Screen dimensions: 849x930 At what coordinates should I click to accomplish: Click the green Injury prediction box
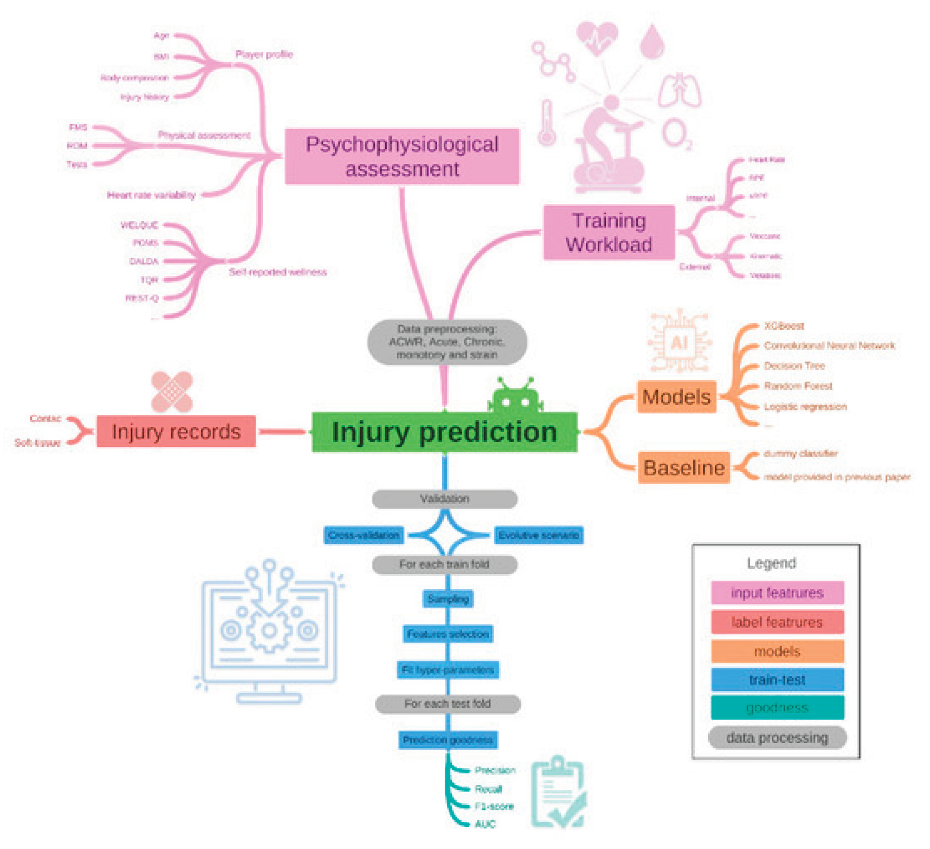click(444, 432)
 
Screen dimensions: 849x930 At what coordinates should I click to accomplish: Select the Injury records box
click(176, 431)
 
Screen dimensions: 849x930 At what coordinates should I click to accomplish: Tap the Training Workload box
click(609, 232)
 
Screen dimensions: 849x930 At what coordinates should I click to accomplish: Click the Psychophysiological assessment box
click(402, 156)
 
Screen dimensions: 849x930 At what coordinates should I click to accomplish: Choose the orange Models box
click(676, 397)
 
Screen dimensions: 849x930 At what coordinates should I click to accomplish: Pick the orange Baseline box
click(684, 467)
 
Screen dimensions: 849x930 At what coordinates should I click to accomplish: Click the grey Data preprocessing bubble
click(447, 342)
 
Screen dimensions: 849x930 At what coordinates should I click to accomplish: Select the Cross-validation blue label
click(364, 535)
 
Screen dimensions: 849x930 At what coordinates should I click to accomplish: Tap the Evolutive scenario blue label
click(539, 535)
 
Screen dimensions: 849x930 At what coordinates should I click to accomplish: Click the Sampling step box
click(448, 599)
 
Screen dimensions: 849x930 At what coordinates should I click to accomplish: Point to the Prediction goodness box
click(447, 740)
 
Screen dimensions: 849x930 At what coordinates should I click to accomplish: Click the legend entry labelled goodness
click(777, 708)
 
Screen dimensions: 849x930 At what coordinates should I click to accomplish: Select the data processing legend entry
click(777, 738)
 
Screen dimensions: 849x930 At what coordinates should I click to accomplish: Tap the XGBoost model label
click(784, 326)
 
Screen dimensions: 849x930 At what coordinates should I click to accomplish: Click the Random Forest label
click(798, 386)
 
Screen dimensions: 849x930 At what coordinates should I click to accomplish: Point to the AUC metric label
click(485, 824)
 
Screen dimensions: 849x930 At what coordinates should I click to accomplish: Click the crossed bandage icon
click(172, 392)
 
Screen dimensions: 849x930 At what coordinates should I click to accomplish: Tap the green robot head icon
click(515, 397)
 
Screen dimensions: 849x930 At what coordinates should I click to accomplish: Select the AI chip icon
click(679, 342)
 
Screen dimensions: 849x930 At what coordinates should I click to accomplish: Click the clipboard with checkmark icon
click(558, 791)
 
